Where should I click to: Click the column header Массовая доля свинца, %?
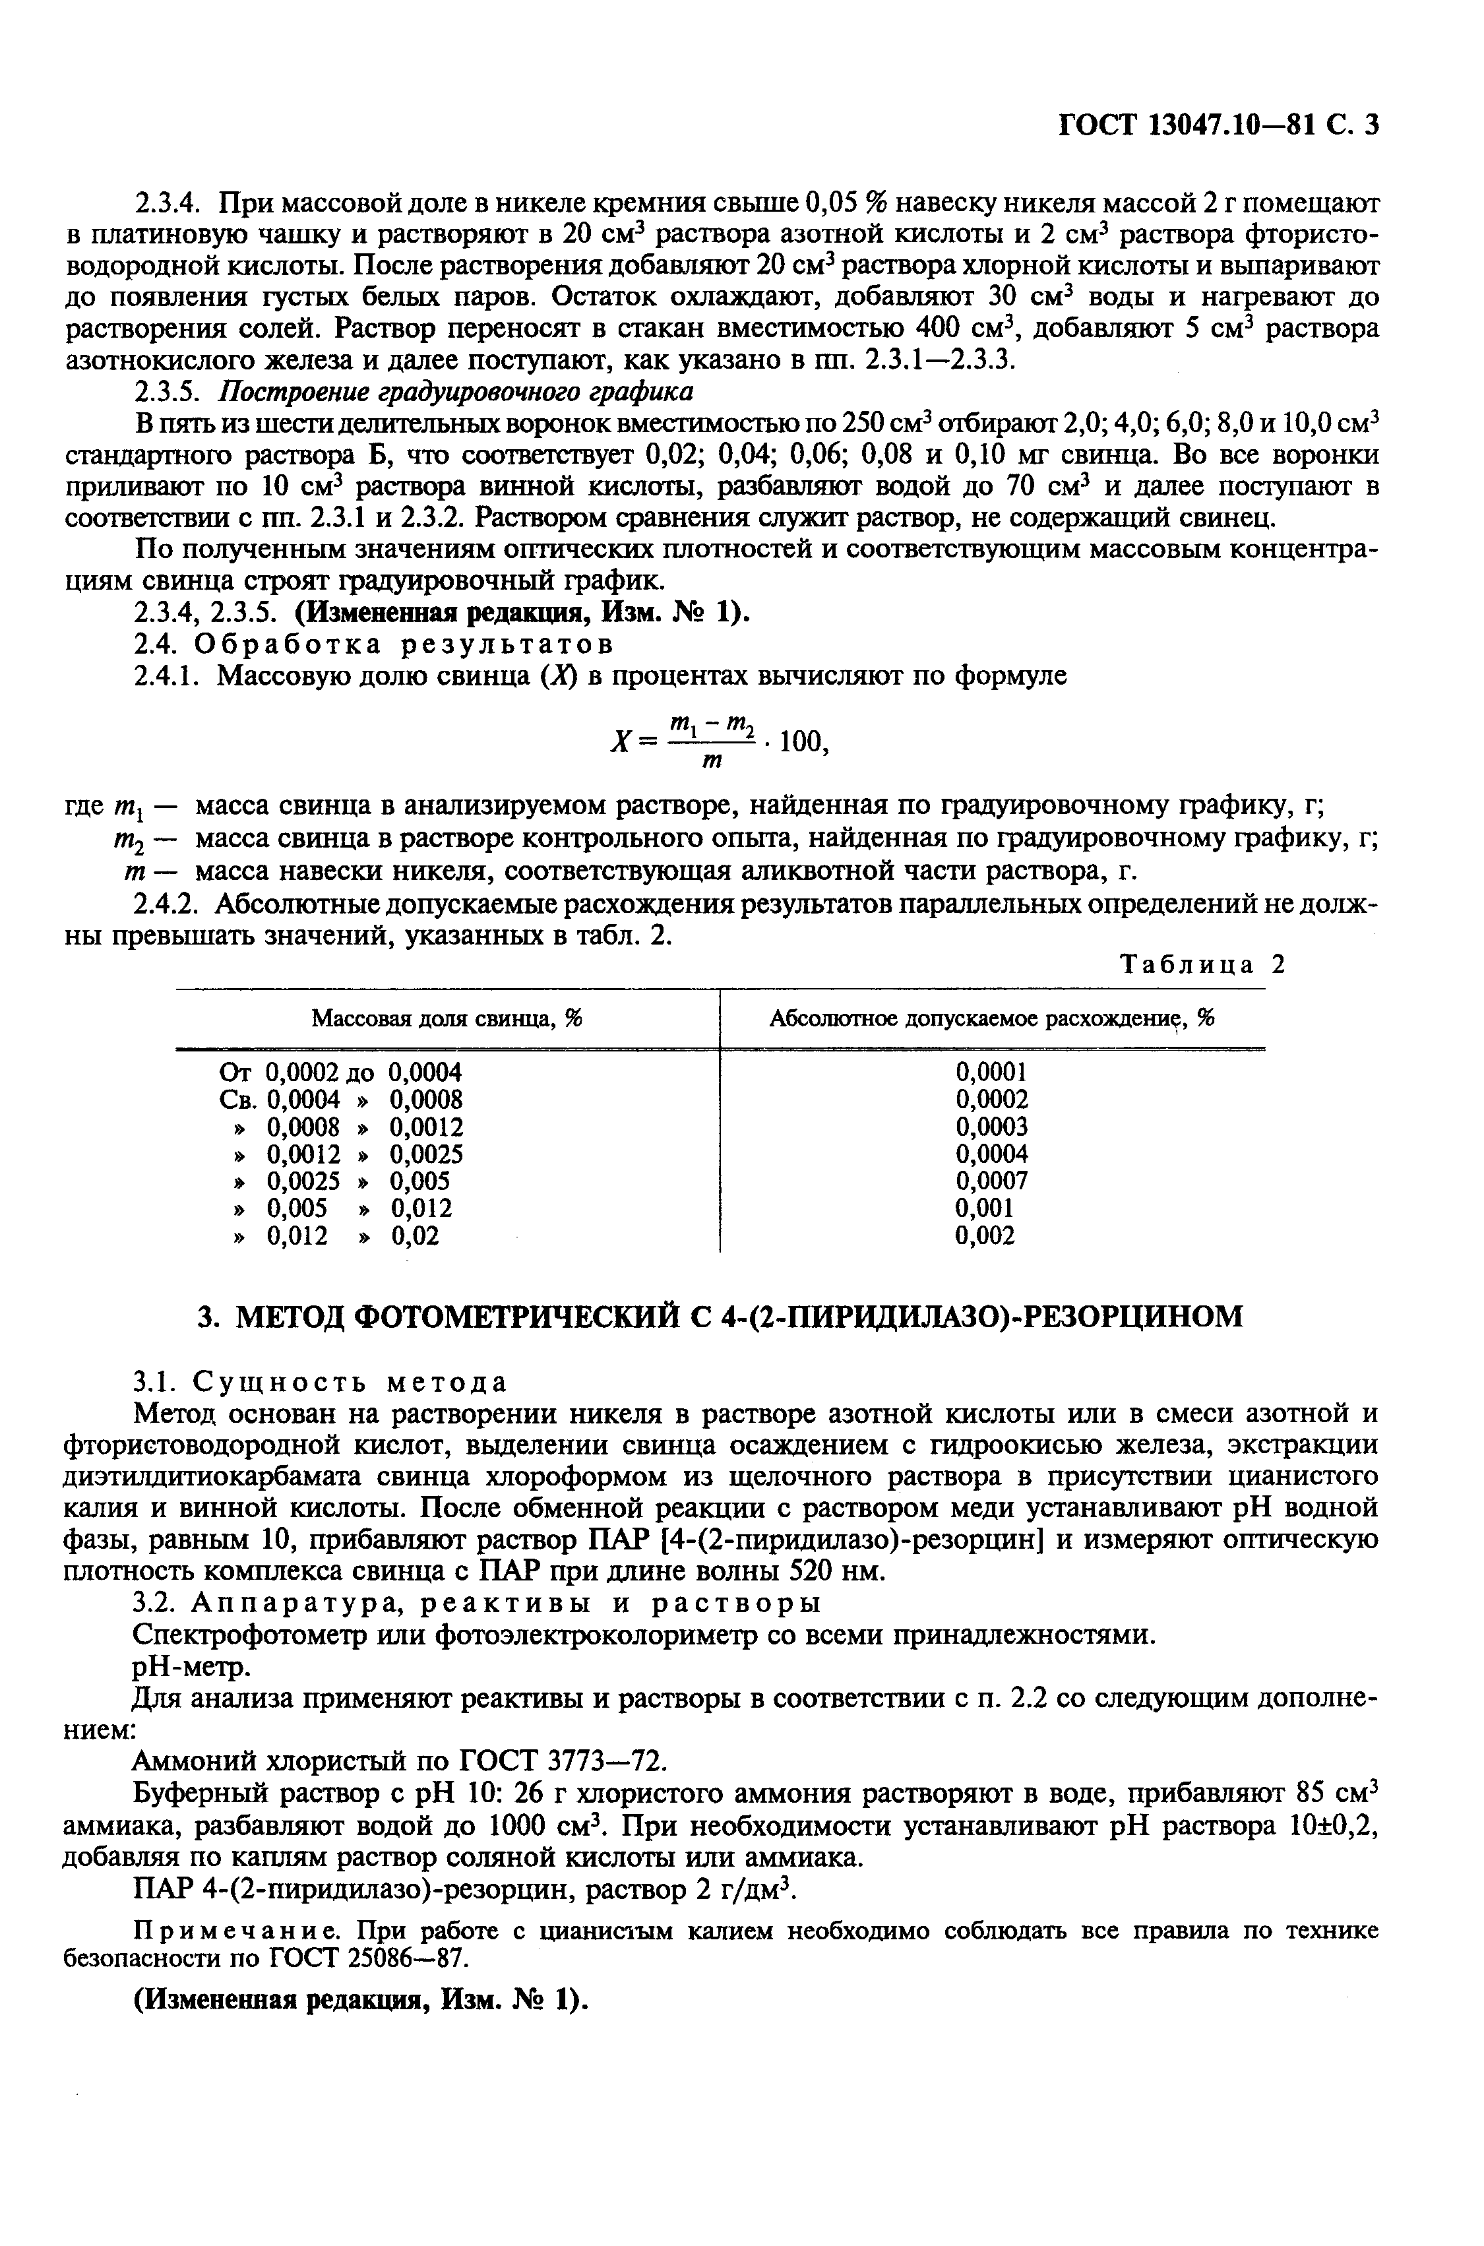pyautogui.click(x=447, y=1018)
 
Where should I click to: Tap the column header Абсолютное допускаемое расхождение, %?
pyautogui.click(x=992, y=1018)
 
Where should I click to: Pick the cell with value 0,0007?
pyautogui.click(x=991, y=1180)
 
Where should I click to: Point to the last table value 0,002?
pyautogui.click(x=985, y=1235)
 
